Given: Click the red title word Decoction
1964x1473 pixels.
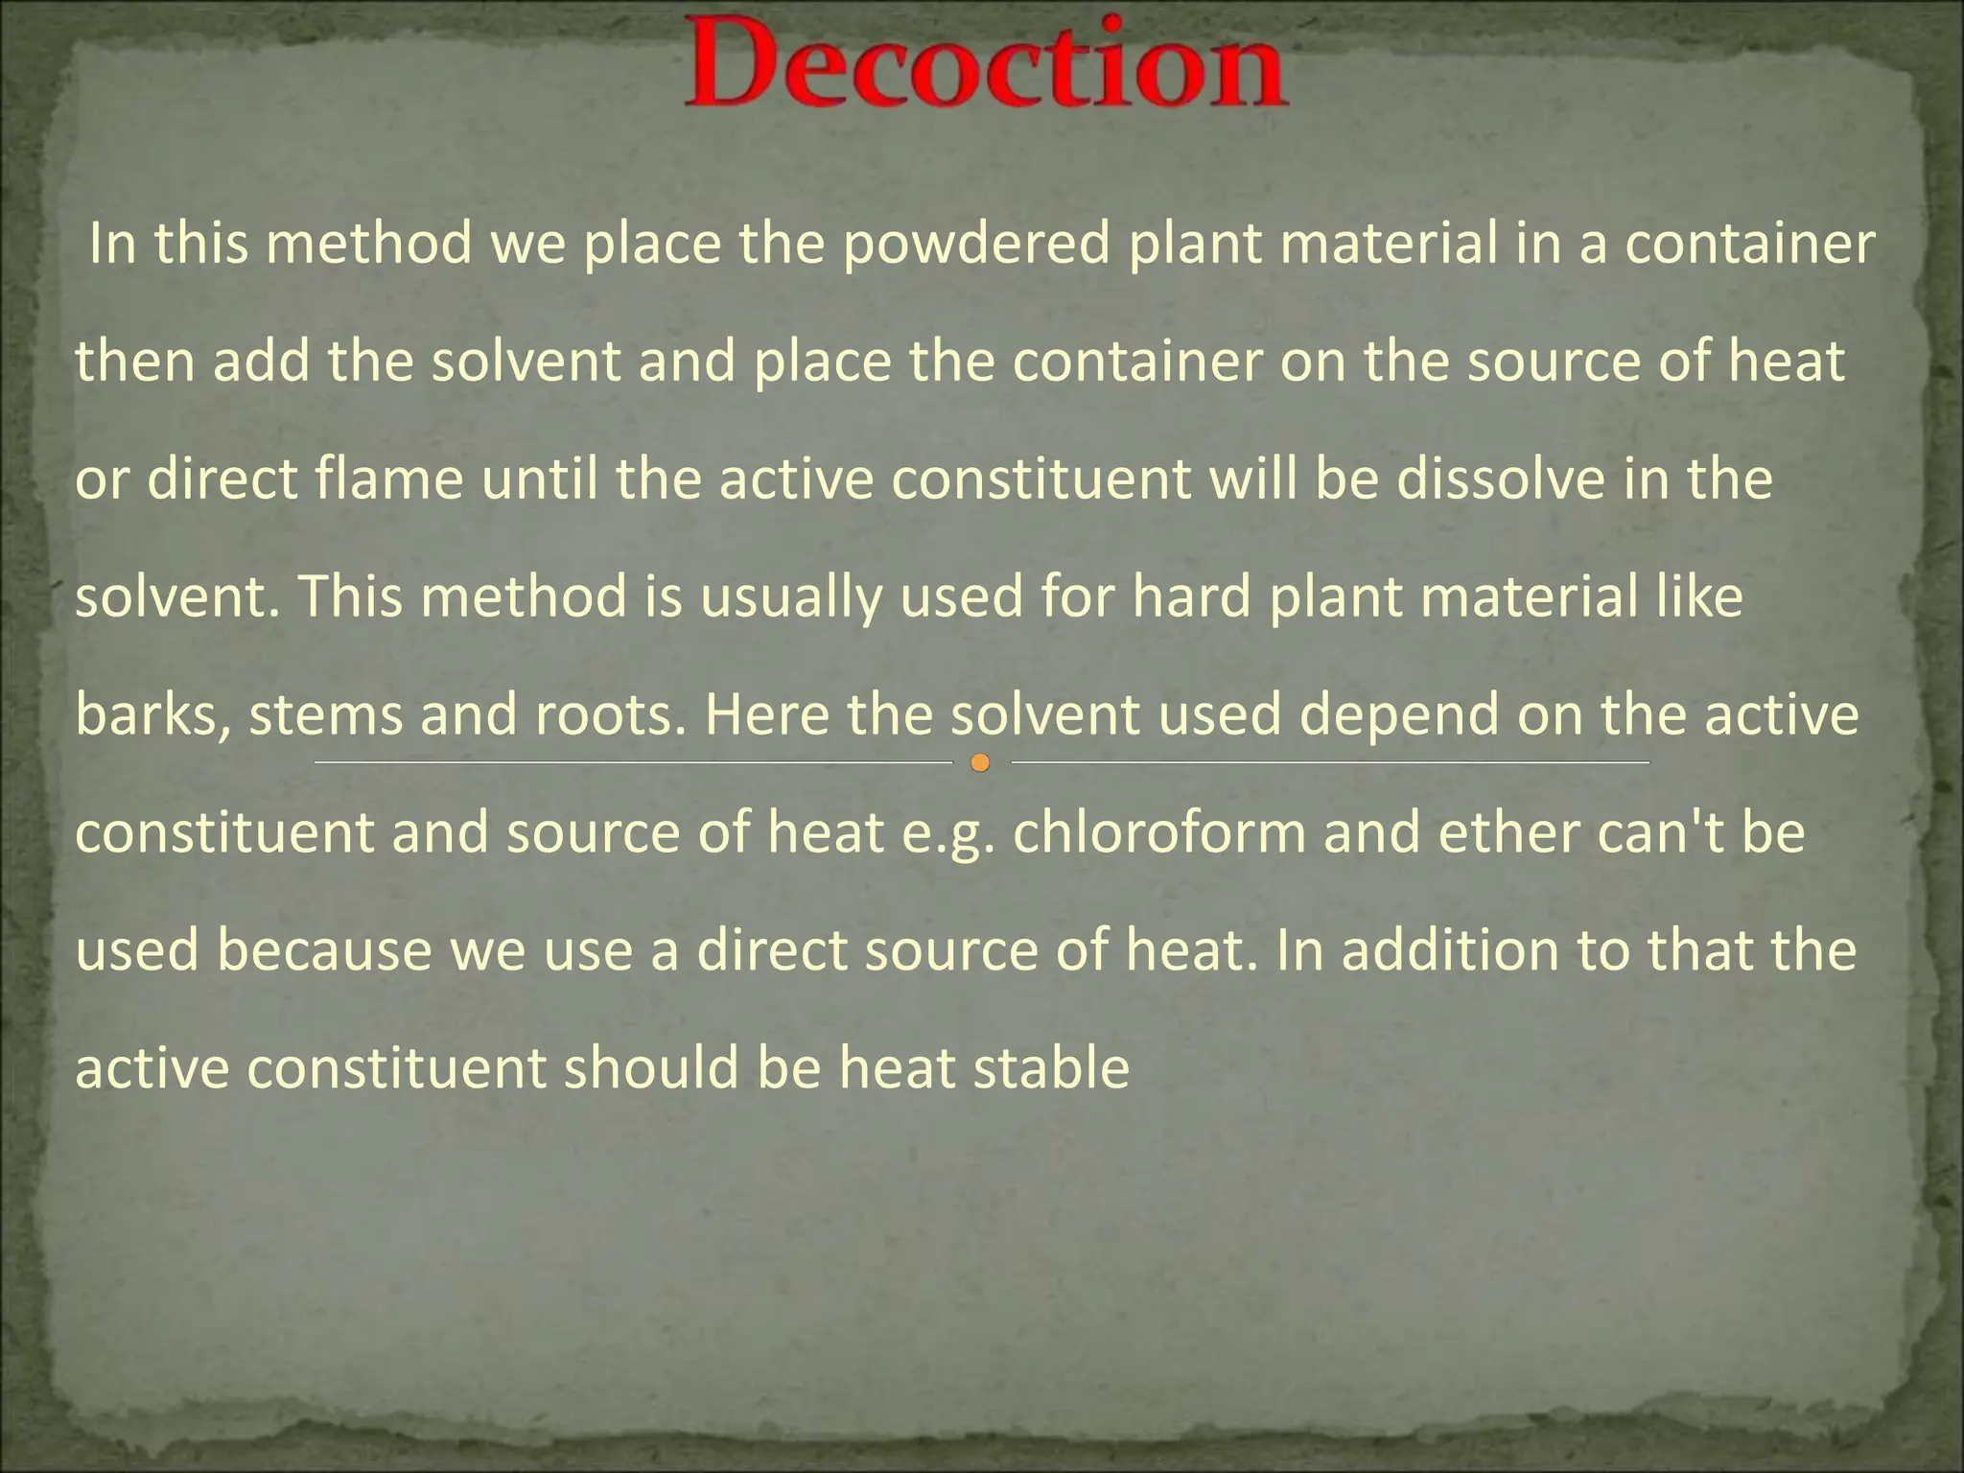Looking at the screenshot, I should click(x=986, y=65).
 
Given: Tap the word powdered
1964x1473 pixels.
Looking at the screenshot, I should click(x=976, y=245).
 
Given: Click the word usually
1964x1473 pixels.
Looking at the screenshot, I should click(x=790, y=597).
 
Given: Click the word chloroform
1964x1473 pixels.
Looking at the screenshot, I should click(x=1159, y=832).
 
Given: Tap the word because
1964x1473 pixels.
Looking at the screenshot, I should click(x=324, y=950).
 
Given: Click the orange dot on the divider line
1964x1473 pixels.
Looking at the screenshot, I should click(x=980, y=763).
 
